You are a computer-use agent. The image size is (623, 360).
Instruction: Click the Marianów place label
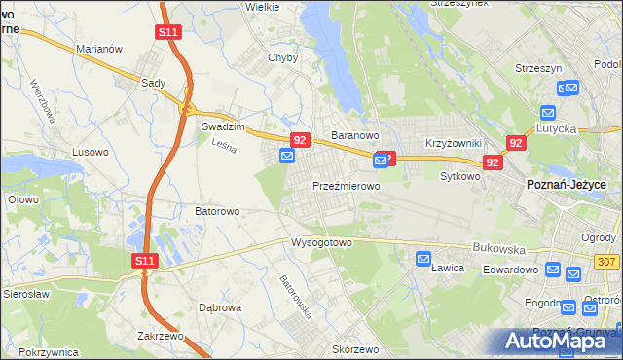pos(98,48)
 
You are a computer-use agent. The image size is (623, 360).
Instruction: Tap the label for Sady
pos(154,84)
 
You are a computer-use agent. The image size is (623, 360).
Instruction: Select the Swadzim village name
pos(221,126)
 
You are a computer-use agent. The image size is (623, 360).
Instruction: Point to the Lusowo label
pos(92,152)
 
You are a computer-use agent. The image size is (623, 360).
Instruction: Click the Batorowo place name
pos(218,210)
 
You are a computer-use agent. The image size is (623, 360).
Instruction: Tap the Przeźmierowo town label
pos(346,185)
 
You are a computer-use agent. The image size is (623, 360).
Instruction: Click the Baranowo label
pos(354,135)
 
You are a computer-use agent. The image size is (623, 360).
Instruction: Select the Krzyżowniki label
pos(448,142)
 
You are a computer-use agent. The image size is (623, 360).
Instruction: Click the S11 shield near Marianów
pos(167,32)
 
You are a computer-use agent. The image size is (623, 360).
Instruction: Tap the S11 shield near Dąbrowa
pos(144,260)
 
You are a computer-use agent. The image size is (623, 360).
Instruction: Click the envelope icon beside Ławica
pos(423,259)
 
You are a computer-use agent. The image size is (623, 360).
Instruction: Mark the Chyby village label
pos(282,57)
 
